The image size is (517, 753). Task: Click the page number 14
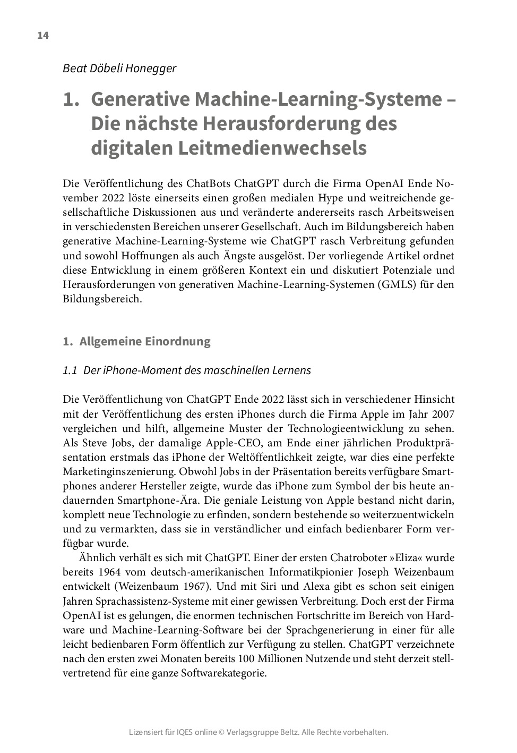43,36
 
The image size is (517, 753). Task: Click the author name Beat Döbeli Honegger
119,68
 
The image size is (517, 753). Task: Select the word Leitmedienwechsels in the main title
272,148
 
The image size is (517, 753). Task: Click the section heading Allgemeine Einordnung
144,341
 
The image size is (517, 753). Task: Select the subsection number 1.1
70,370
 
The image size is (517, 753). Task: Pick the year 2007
443,414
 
